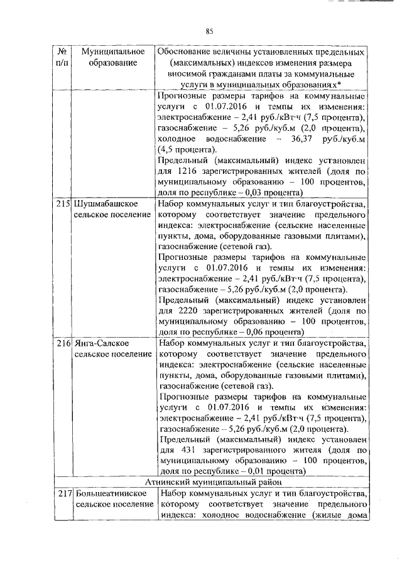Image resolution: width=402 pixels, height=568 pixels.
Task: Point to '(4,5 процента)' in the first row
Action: (187, 149)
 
